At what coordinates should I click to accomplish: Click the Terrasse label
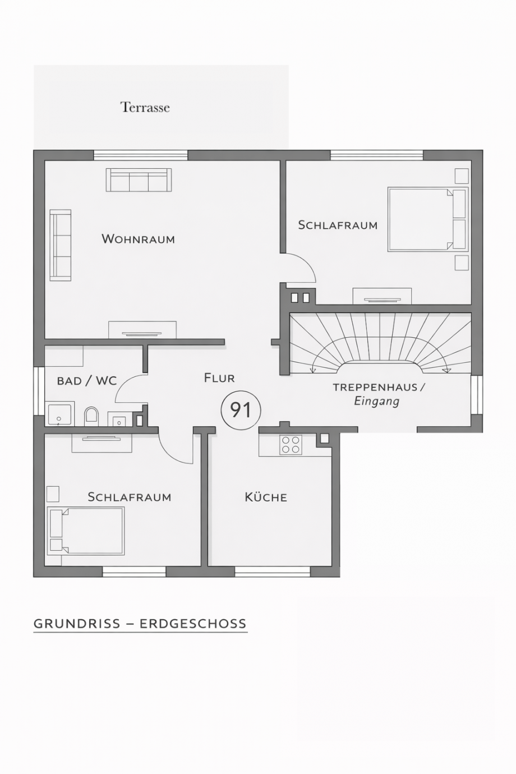click(145, 107)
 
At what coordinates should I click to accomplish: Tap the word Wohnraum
click(138, 239)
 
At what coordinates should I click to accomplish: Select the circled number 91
click(241, 410)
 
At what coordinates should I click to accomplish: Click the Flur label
click(219, 378)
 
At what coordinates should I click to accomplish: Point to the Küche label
click(266, 497)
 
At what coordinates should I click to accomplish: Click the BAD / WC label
click(87, 381)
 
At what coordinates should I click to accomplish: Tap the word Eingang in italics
click(376, 401)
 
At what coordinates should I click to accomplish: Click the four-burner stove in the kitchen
click(291, 445)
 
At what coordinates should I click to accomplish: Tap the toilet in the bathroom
click(91, 416)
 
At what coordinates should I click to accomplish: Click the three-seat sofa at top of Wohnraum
click(139, 180)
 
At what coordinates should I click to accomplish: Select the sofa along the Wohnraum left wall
click(61, 245)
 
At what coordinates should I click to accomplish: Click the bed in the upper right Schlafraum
click(426, 219)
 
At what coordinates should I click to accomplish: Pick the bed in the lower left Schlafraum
click(86, 531)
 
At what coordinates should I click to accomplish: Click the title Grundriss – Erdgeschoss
click(140, 624)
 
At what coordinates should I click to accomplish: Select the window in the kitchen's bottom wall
click(273, 572)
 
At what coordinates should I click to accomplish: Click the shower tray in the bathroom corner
click(59, 414)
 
